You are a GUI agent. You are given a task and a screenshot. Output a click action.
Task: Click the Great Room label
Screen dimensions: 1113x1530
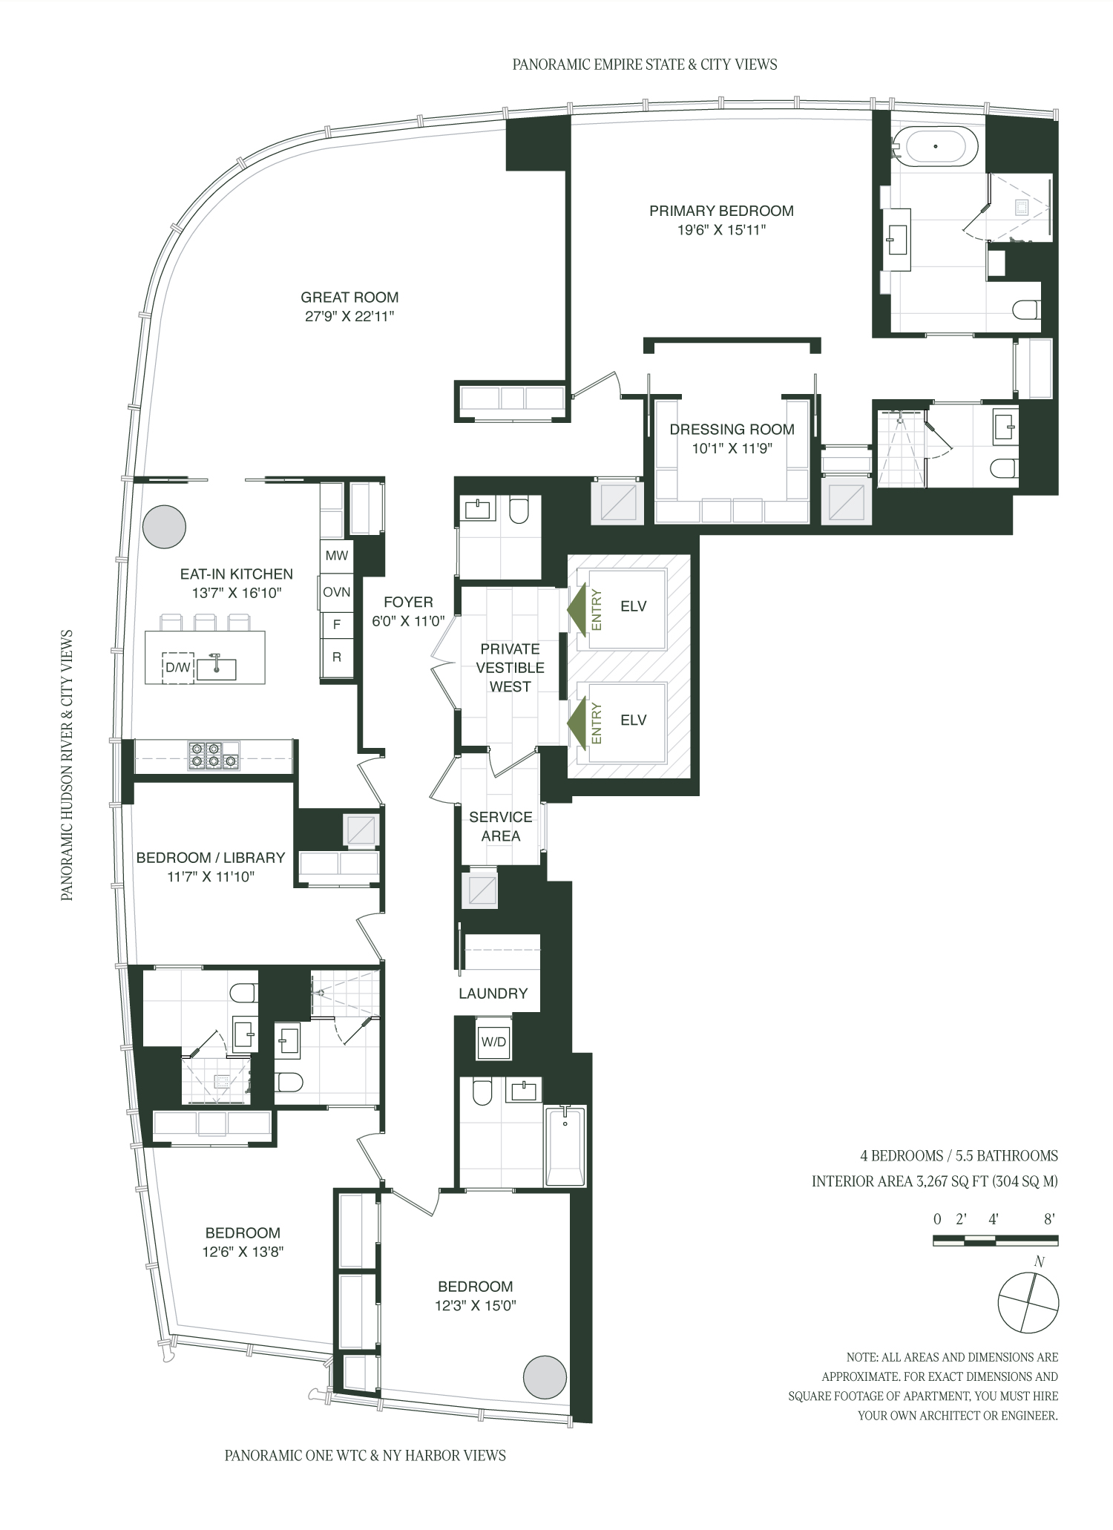(349, 298)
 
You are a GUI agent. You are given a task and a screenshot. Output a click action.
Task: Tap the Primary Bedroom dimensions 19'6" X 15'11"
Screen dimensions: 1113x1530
(721, 230)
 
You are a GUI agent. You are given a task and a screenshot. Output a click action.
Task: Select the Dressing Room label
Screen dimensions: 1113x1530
(732, 429)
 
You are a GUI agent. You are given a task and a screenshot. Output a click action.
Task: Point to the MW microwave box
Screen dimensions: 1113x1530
(337, 556)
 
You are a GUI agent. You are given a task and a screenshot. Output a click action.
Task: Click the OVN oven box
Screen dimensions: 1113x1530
(337, 592)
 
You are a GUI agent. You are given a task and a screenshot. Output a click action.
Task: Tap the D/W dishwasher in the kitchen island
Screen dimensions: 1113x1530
(178, 667)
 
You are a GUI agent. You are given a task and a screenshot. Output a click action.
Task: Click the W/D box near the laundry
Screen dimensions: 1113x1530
(493, 1042)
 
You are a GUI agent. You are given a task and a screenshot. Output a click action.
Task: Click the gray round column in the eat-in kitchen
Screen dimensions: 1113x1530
(164, 527)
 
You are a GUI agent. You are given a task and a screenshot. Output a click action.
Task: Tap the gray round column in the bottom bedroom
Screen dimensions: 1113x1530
(545, 1378)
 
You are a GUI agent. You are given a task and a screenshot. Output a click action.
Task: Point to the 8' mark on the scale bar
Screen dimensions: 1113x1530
(1049, 1219)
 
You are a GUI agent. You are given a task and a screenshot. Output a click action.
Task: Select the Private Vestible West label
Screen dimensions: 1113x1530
(510, 668)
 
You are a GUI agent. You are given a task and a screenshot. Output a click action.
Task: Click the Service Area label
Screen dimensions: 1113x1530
(501, 827)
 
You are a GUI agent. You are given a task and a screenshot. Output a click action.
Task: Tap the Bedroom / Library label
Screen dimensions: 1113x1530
(211, 858)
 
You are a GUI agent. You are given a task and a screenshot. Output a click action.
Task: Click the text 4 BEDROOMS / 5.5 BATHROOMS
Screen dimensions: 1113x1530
(959, 1155)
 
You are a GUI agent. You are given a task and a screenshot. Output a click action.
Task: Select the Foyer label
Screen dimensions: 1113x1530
(408, 603)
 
